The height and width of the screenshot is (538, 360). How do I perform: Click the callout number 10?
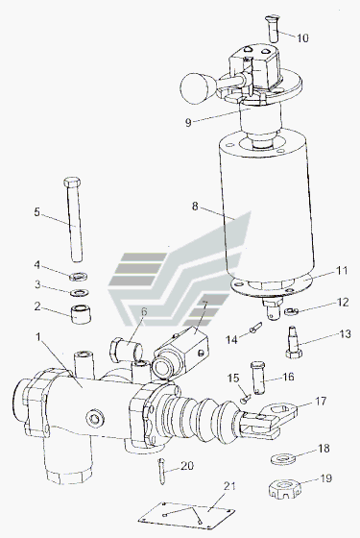click(x=302, y=37)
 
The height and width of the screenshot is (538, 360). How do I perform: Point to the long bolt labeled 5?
click(x=75, y=220)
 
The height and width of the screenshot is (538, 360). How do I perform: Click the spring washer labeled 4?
click(x=79, y=276)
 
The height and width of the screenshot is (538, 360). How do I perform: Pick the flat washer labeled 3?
click(x=79, y=293)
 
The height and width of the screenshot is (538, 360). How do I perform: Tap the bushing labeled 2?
click(x=81, y=314)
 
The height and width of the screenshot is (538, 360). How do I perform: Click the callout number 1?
click(x=38, y=336)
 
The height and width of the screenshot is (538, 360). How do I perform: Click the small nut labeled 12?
click(x=290, y=311)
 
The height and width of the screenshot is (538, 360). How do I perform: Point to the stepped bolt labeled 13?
click(x=294, y=342)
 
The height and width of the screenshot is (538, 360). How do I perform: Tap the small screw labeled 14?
click(x=255, y=328)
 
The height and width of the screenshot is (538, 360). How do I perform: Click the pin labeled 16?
click(x=258, y=378)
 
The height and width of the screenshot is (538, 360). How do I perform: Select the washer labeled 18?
click(x=283, y=459)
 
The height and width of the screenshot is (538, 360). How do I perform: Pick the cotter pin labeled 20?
click(x=162, y=472)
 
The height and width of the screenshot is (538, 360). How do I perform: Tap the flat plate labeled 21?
click(x=187, y=515)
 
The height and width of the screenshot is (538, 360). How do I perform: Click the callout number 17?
click(x=321, y=402)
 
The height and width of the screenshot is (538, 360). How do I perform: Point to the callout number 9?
click(x=188, y=122)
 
